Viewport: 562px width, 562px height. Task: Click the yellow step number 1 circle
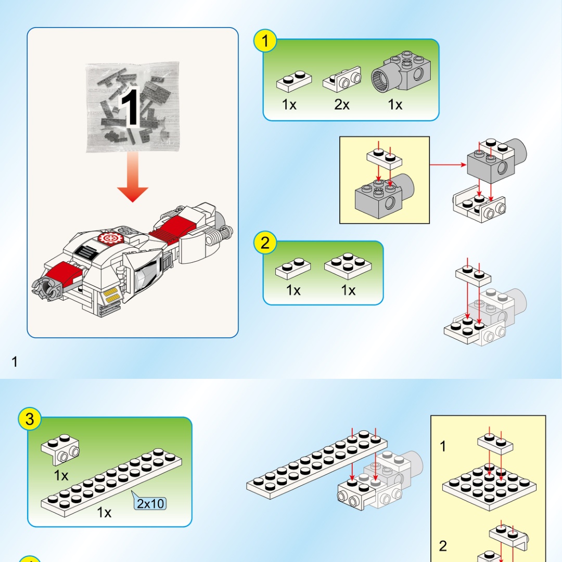pyautogui.click(x=265, y=41)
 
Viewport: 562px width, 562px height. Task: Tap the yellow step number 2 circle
pyautogui.click(x=265, y=242)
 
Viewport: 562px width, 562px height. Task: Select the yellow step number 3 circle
pyautogui.click(x=30, y=419)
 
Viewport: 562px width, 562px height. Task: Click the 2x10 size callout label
pyautogui.click(x=151, y=503)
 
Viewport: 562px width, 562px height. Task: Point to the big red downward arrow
pyautogui.click(x=133, y=180)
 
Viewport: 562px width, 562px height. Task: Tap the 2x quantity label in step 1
pyautogui.click(x=342, y=105)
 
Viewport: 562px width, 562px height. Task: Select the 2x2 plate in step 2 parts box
pyautogui.click(x=349, y=265)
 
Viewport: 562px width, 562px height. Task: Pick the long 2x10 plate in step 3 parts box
pyautogui.click(x=112, y=483)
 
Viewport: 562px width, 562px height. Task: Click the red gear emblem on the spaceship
pyautogui.click(x=109, y=238)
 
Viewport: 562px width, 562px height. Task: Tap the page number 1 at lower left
pyautogui.click(x=15, y=361)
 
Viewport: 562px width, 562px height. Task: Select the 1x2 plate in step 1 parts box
pyautogui.click(x=294, y=81)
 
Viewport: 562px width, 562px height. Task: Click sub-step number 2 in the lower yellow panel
pyautogui.click(x=443, y=546)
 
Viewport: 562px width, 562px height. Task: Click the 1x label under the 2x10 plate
pyautogui.click(x=104, y=513)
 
